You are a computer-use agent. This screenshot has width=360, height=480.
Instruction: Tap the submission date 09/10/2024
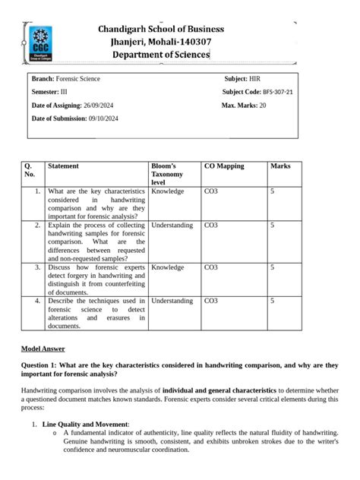click(x=103, y=118)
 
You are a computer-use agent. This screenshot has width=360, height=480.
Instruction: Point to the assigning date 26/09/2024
click(x=101, y=105)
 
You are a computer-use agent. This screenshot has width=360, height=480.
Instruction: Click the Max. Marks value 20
click(x=263, y=105)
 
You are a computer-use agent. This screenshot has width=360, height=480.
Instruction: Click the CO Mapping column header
click(x=224, y=166)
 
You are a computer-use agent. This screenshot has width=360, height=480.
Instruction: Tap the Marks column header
click(x=280, y=166)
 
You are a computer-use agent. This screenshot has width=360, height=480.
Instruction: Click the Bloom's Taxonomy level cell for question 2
click(x=172, y=226)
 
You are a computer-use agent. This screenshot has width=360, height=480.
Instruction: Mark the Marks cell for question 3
click(x=273, y=267)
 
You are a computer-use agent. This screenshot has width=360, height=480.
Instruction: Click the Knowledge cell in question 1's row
click(x=168, y=192)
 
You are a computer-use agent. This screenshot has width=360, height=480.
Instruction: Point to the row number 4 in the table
click(x=37, y=301)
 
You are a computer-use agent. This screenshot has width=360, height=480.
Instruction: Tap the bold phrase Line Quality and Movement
click(x=85, y=423)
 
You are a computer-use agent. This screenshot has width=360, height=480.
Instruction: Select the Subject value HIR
click(x=255, y=78)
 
